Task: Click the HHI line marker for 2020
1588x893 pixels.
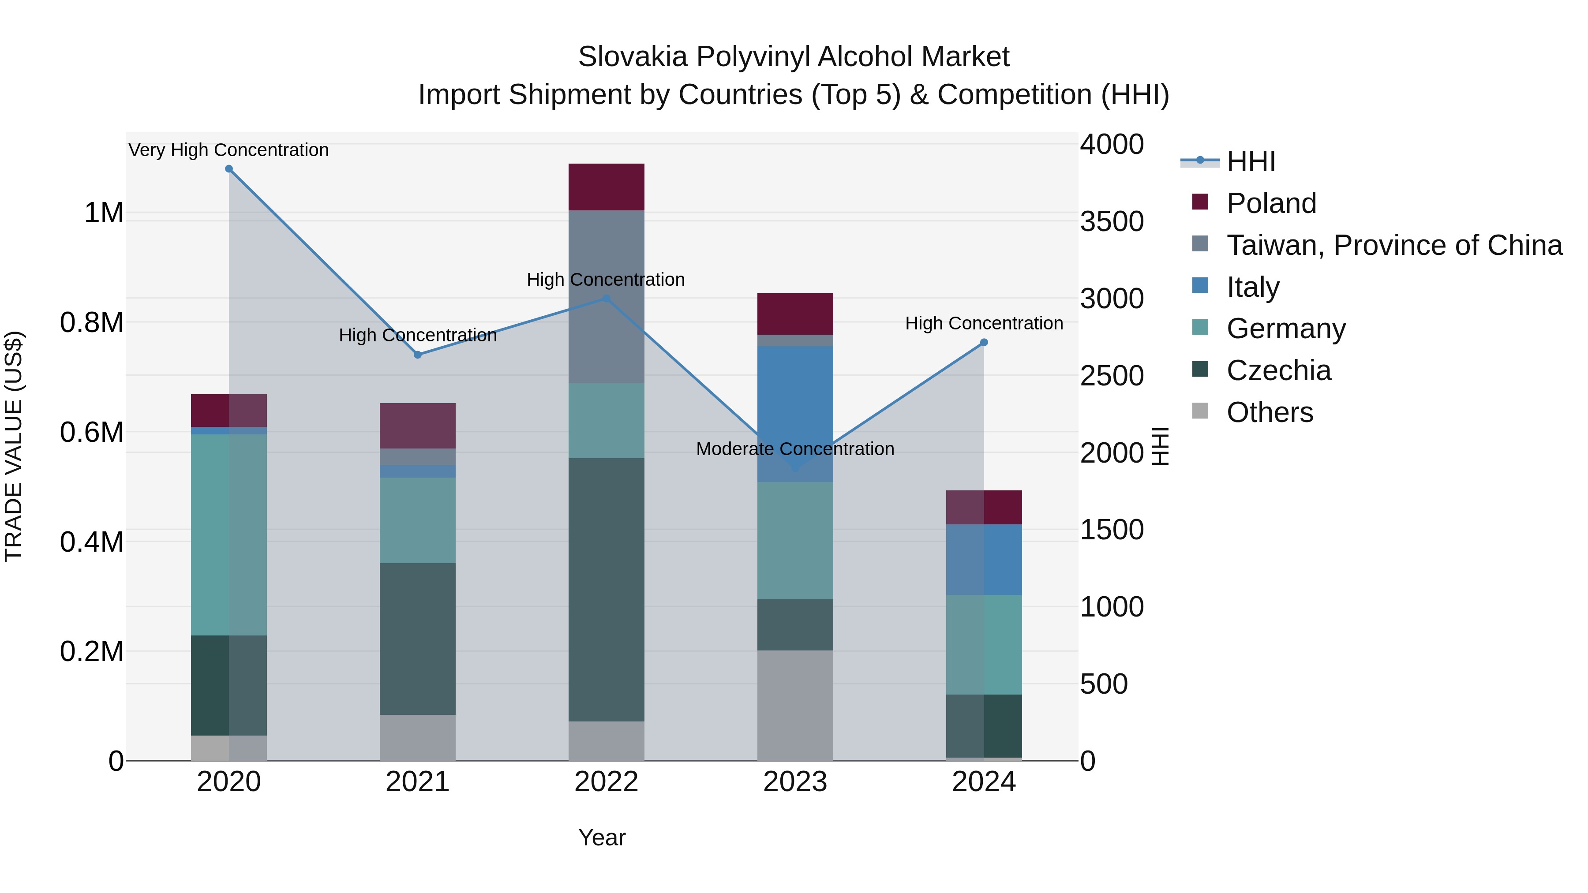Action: click(x=228, y=169)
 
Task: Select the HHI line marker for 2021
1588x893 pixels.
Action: click(x=417, y=355)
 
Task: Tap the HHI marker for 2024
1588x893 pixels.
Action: click(x=984, y=343)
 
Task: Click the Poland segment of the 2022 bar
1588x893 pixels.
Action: click(x=606, y=187)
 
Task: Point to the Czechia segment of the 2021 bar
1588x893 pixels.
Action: click(x=417, y=639)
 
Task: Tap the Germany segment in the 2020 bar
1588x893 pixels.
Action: click(x=228, y=534)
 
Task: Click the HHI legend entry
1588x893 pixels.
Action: click(x=1250, y=161)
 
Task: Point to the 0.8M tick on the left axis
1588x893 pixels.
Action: click(x=92, y=323)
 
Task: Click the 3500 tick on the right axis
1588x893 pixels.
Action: click(x=1112, y=222)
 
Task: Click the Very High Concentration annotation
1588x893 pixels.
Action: click(x=228, y=150)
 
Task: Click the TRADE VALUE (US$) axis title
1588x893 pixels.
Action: click(x=14, y=446)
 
